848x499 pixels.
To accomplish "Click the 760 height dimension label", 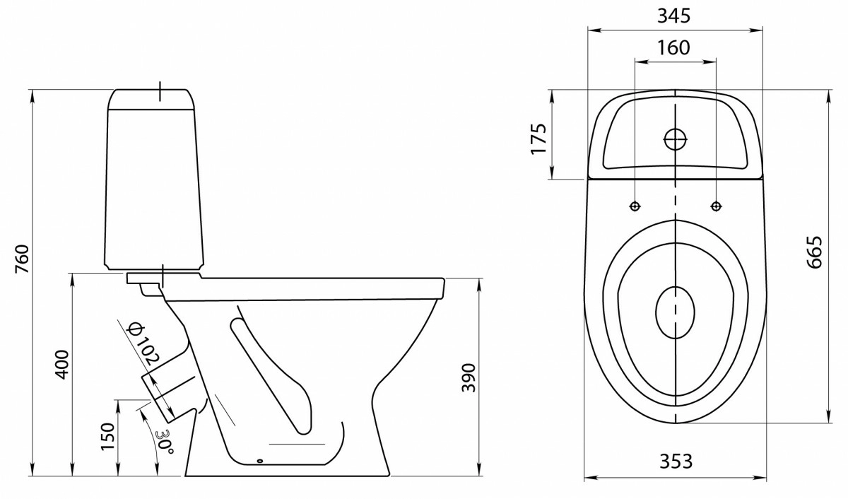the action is [x=23, y=259].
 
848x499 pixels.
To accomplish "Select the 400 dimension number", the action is [x=62, y=365].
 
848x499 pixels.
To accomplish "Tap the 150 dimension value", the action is [x=107, y=437].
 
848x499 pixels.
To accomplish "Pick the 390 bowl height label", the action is [x=468, y=378].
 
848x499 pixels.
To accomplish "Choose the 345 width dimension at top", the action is [x=674, y=16].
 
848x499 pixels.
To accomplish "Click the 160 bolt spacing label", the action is [x=673, y=47].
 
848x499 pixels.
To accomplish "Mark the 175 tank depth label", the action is [x=538, y=139].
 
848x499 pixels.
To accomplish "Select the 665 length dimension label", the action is [x=814, y=252].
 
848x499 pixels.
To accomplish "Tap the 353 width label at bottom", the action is [x=676, y=461].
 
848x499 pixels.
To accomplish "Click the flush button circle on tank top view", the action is [x=676, y=139].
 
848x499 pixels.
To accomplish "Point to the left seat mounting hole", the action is [x=635, y=206].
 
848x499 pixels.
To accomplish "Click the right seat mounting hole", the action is [x=716, y=206].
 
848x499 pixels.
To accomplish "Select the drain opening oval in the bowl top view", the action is [x=676, y=312].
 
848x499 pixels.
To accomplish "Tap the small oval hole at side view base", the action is [x=260, y=461].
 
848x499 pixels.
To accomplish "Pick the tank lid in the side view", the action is [x=152, y=99].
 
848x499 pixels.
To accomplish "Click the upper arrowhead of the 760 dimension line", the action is [x=33, y=98].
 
